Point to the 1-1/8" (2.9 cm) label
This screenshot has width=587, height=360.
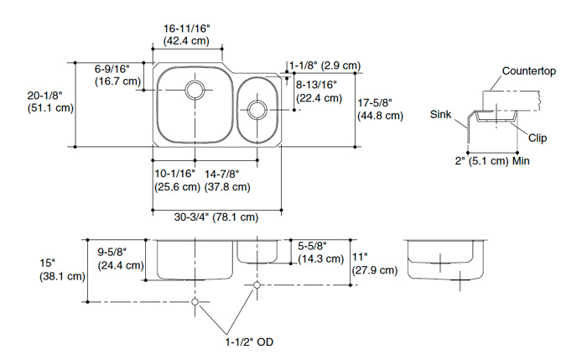tap(325, 65)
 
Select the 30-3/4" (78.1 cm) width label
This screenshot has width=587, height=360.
tap(216, 217)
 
